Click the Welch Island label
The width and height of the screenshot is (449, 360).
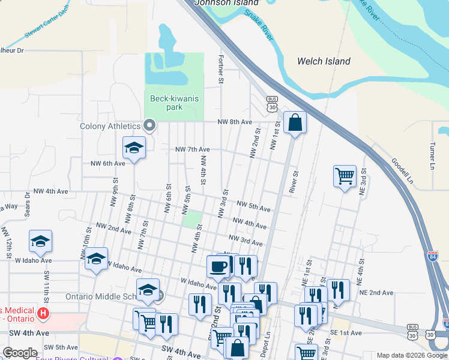pos(324,61)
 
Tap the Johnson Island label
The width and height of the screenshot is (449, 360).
pos(221,2)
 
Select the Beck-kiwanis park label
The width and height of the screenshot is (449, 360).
pos(174,103)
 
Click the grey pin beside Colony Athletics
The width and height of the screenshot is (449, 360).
pos(150,126)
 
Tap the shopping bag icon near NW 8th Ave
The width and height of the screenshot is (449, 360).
pos(295,122)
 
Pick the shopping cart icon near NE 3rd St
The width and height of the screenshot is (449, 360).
pos(345,176)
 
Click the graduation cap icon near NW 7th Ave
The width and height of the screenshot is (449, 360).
pos(134,148)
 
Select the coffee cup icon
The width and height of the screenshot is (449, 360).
pos(217,266)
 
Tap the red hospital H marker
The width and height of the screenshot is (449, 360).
pos(43,313)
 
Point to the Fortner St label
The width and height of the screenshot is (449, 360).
pos(220,69)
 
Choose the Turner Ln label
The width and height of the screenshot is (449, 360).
pos(432,154)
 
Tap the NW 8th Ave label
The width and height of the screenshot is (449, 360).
pos(235,122)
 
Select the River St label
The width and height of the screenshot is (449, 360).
pos(295,182)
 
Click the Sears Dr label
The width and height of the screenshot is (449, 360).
pos(27,203)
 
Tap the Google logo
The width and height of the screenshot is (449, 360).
pos(20,353)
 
